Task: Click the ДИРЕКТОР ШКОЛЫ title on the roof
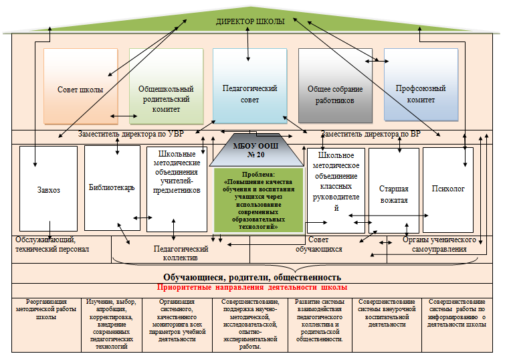[x=251, y=21]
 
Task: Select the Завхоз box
[x=49, y=189]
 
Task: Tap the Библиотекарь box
[x=112, y=188]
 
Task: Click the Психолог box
[x=447, y=189]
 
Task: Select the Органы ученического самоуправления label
[x=438, y=244]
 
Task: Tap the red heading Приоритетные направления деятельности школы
[x=251, y=287]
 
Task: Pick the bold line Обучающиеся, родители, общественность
[x=252, y=276]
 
